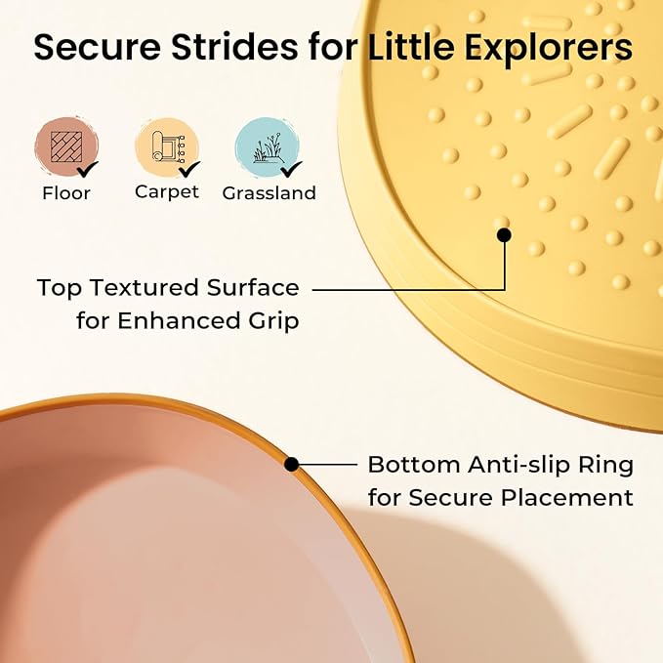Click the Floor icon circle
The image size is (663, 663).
65,146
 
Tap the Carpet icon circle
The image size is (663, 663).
166,146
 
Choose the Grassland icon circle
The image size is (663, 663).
267,146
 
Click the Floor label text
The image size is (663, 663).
66,192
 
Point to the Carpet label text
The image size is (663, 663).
167,192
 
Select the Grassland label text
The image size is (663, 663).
269,193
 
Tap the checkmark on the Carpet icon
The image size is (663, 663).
188,169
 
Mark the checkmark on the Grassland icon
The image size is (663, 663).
291,169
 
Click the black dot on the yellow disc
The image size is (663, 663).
504,234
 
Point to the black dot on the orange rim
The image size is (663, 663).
291,464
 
